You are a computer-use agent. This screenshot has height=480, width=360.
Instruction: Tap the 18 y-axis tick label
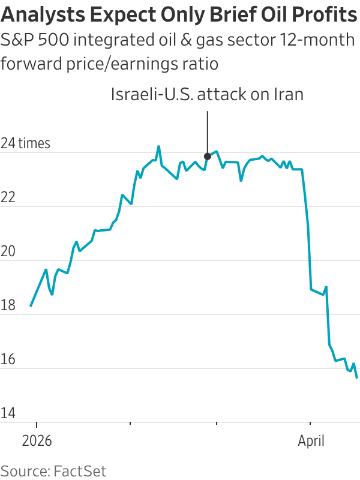(9, 306)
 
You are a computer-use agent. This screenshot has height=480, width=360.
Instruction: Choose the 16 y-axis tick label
(9, 360)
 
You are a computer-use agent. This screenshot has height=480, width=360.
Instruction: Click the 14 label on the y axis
(9, 414)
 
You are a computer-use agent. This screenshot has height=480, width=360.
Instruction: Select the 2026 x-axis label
(37, 441)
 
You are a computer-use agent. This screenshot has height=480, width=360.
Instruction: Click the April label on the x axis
(311, 441)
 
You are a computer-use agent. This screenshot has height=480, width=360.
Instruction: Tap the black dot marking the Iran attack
(208, 156)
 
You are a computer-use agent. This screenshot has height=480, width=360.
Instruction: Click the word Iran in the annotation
(287, 94)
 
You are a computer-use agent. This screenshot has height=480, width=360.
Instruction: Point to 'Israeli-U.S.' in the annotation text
(146, 94)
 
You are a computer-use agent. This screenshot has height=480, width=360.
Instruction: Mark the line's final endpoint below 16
(358, 378)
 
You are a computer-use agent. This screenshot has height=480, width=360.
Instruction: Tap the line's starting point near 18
(31, 306)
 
